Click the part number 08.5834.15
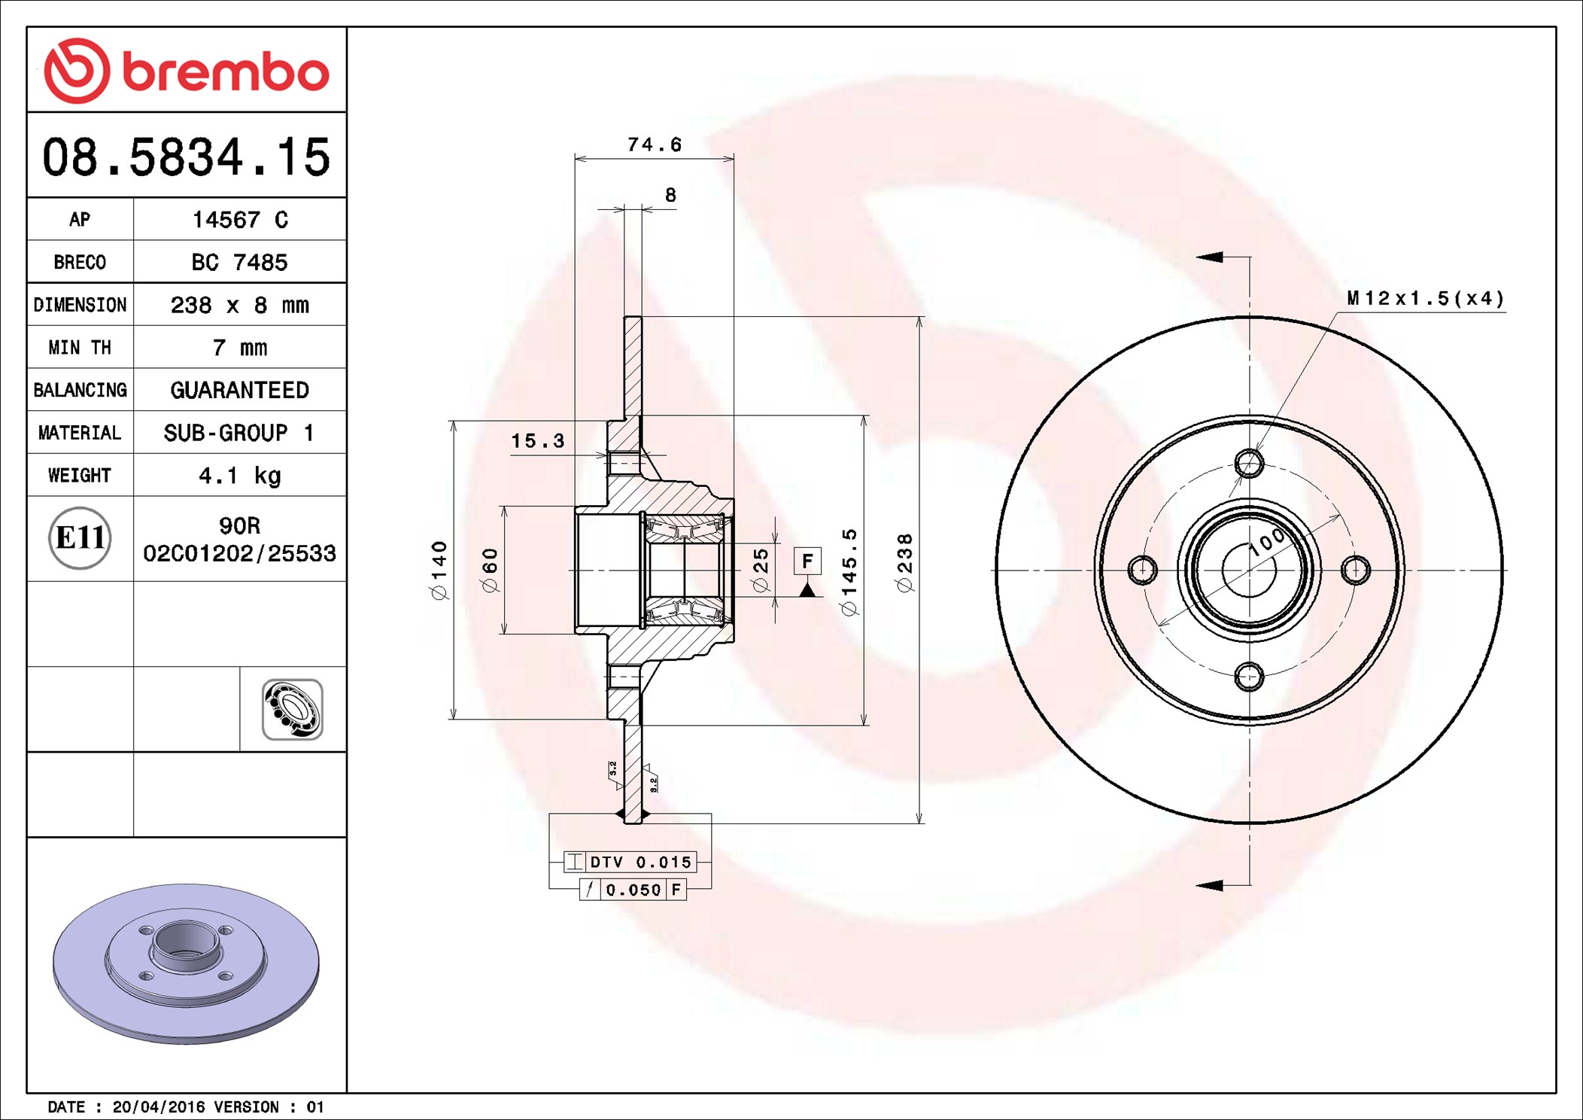click(x=186, y=157)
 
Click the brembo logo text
click(x=226, y=72)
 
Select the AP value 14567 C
click(x=240, y=220)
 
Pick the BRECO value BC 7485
click(x=239, y=262)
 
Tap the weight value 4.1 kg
click(x=240, y=476)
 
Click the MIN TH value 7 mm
click(x=240, y=348)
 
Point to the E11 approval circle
click(x=80, y=538)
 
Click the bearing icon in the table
click(x=293, y=710)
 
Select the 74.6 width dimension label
click(x=655, y=145)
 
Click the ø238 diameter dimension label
click(x=904, y=562)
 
